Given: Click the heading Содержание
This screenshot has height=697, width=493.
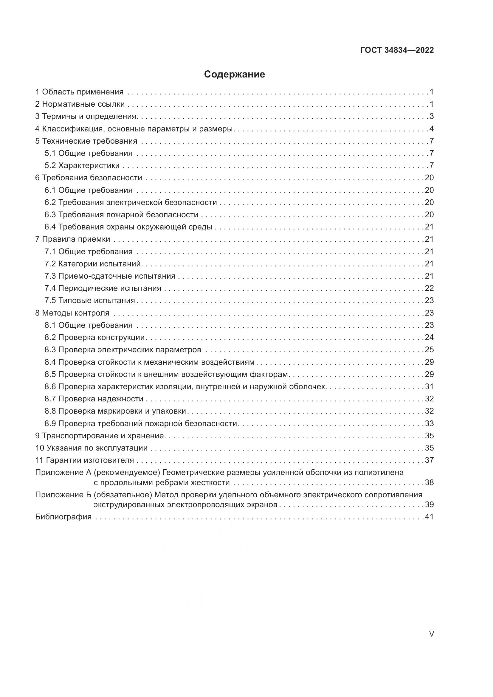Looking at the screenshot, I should click(234, 74).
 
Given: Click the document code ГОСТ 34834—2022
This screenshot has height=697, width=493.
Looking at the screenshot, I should click(397, 50).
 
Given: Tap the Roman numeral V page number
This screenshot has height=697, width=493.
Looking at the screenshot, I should click(431, 634).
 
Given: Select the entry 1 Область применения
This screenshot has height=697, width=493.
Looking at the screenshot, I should click(79, 92).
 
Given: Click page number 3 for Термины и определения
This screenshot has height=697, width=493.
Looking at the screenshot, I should click(431, 117).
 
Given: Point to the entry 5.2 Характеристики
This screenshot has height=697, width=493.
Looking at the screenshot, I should click(82, 166).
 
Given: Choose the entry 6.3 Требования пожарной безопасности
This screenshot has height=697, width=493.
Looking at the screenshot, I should click(121, 215).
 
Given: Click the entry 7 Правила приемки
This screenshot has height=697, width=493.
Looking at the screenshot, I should click(72, 239).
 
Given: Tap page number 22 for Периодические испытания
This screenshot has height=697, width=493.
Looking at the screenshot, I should click(429, 288).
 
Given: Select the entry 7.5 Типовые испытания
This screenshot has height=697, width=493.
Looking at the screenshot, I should click(90, 301).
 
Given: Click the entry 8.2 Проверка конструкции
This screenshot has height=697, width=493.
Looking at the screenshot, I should click(95, 338).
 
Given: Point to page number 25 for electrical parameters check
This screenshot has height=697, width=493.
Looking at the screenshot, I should click(429, 350).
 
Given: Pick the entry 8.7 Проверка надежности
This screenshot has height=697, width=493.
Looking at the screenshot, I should click(94, 399).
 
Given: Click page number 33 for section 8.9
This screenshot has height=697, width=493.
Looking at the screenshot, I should click(429, 423).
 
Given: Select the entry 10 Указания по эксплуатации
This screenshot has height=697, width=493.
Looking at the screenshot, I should click(92, 448).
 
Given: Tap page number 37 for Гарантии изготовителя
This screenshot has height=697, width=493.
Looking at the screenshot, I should click(429, 460).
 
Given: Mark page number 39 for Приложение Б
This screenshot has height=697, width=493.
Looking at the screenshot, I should click(429, 505).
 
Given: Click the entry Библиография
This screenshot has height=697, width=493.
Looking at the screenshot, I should click(63, 517).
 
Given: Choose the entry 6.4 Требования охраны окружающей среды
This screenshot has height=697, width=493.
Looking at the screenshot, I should click(128, 227).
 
